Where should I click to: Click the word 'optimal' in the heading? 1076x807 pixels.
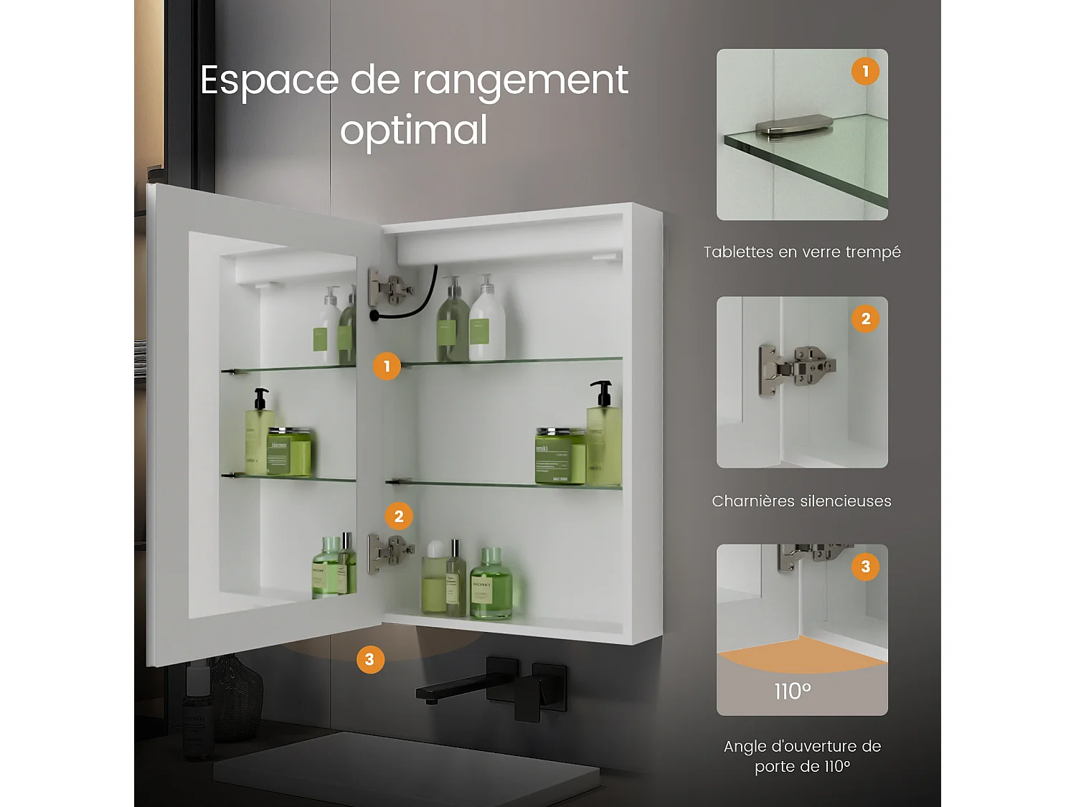(414, 131)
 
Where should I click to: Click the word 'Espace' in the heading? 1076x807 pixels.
(269, 80)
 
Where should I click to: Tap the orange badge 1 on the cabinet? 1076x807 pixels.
(387, 366)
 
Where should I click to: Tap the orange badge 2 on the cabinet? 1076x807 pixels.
(399, 516)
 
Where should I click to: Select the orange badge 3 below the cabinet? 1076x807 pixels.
(369, 659)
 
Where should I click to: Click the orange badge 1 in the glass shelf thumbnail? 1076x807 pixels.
(865, 71)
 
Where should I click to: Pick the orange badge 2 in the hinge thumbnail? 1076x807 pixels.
(865, 318)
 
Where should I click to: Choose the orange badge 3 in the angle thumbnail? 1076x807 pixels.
(865, 567)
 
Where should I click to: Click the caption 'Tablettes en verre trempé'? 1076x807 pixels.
(802, 252)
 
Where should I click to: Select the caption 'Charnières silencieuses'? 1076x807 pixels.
(801, 501)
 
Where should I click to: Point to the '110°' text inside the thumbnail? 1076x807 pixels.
(793, 692)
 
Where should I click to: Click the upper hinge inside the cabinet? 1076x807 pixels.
(388, 288)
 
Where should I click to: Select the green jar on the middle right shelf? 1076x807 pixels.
(559, 456)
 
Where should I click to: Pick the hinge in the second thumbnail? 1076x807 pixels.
(796, 367)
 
